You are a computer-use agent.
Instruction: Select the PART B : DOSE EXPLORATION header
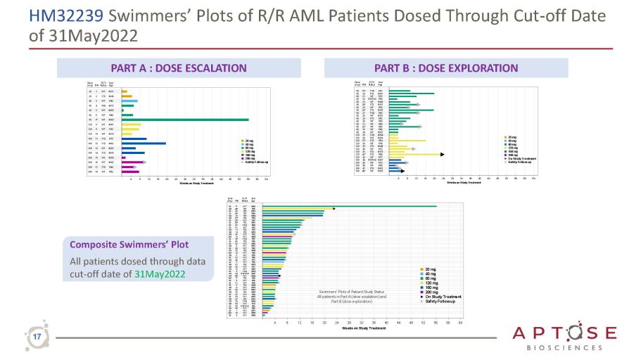(447, 68)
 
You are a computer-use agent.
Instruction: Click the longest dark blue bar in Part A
(144, 143)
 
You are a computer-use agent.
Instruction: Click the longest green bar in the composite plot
(350, 207)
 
